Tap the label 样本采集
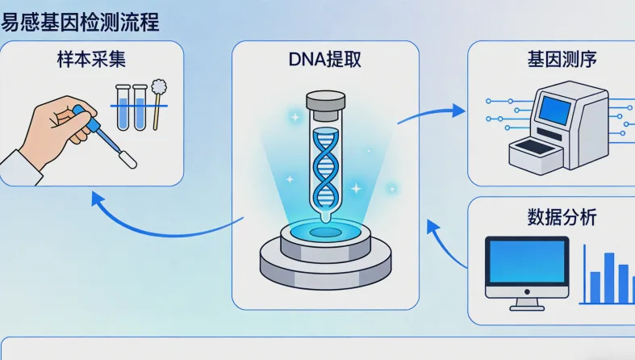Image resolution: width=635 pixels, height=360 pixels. (x=90, y=61)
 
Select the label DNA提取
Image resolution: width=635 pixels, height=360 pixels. (x=325, y=61)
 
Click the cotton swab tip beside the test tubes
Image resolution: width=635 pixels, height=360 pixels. (x=159, y=87)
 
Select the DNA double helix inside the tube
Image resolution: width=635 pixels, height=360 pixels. (x=325, y=165)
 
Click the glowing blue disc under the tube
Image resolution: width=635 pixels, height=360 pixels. (x=325, y=231)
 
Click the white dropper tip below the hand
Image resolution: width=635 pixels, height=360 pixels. (x=127, y=158)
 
